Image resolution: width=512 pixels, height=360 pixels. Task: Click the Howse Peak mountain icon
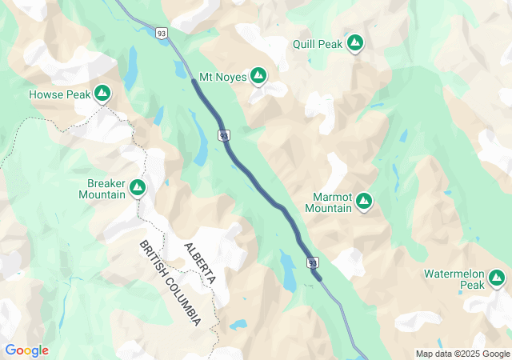pyautogui.click(x=102, y=94)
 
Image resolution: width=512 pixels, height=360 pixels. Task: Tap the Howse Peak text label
pyautogui.click(x=59, y=94)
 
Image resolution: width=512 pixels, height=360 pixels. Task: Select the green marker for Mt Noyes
pyautogui.click(x=258, y=76)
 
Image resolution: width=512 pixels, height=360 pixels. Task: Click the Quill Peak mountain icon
pyautogui.click(x=355, y=43)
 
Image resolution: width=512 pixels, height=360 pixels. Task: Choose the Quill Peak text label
pyautogui.click(x=317, y=44)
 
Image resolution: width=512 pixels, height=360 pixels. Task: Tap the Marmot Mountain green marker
pyautogui.click(x=364, y=200)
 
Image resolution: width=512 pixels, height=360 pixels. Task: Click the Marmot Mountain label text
pyautogui.click(x=328, y=202)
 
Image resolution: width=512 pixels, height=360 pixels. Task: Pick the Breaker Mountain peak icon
pyautogui.click(x=138, y=188)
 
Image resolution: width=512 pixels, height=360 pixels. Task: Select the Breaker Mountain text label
pyautogui.click(x=106, y=188)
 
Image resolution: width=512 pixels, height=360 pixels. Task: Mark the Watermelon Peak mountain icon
pyautogui.click(x=497, y=278)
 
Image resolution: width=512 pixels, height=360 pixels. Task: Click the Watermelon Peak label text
pyautogui.click(x=454, y=279)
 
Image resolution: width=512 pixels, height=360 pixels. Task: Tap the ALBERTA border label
pyautogui.click(x=200, y=264)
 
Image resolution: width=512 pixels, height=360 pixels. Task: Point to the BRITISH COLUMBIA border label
pyautogui.click(x=170, y=282)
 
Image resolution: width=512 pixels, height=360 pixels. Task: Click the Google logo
pyautogui.click(x=26, y=350)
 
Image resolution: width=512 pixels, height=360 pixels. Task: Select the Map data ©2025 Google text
pyautogui.click(x=462, y=354)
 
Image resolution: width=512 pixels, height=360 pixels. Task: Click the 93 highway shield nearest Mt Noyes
pyautogui.click(x=225, y=135)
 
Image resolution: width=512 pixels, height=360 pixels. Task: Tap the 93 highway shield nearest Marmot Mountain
pyautogui.click(x=313, y=262)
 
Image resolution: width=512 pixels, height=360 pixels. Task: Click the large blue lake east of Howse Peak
pyautogui.click(x=130, y=68)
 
